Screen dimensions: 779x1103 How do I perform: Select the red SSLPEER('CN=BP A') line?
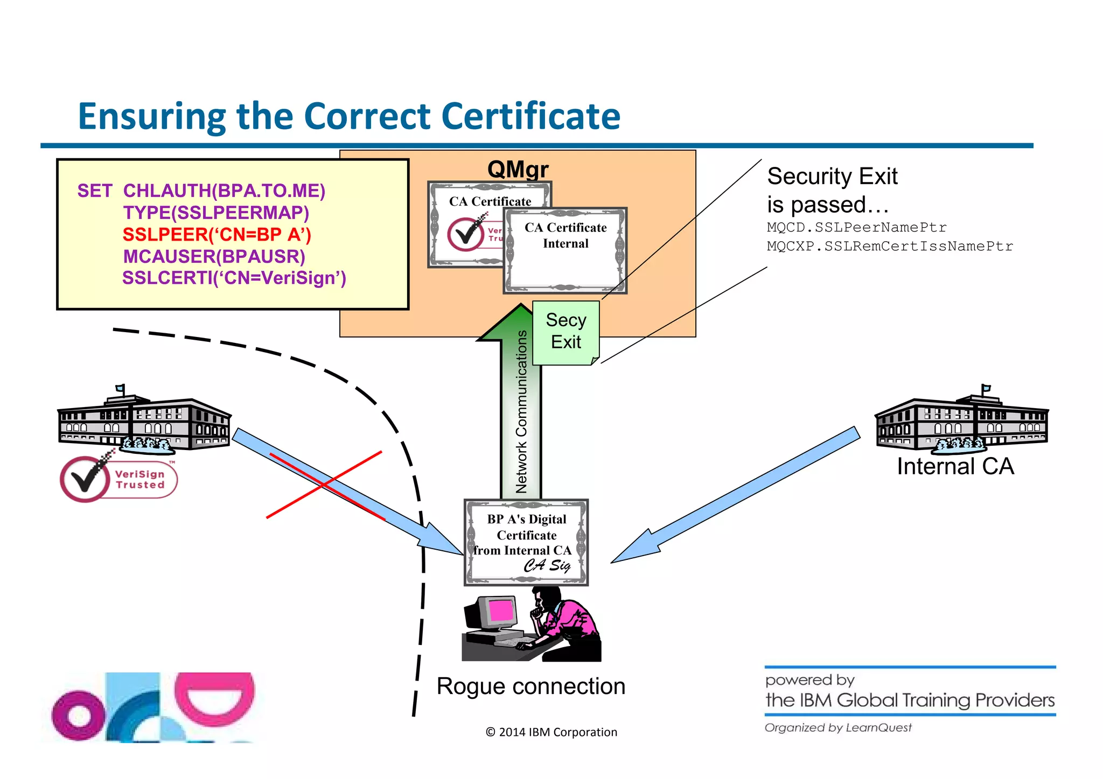click(x=217, y=235)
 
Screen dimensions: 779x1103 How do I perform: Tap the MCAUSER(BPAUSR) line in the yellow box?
click(x=214, y=257)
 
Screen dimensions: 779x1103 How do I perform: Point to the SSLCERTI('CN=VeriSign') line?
click(x=234, y=278)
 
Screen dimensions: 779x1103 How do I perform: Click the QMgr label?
click(x=518, y=169)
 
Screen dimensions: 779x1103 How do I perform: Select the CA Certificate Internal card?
click(x=566, y=250)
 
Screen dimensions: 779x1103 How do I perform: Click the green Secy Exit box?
click(x=566, y=332)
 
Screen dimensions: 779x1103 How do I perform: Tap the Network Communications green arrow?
click(x=521, y=409)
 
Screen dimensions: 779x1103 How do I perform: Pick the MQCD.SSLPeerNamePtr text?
click(x=856, y=227)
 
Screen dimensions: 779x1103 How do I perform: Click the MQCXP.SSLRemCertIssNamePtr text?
click(x=890, y=247)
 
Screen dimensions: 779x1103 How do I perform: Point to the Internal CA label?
click(x=955, y=466)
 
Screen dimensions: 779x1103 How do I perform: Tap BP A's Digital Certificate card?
click(x=526, y=542)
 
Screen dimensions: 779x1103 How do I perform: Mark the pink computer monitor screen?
click(x=502, y=611)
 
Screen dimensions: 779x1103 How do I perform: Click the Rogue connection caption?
click(x=531, y=686)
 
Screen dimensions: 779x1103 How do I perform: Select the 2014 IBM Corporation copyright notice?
click(x=551, y=732)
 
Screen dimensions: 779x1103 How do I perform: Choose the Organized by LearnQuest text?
click(x=838, y=728)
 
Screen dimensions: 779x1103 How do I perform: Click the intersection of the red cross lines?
click(x=324, y=485)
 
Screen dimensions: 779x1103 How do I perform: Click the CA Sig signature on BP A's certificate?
click(x=547, y=565)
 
